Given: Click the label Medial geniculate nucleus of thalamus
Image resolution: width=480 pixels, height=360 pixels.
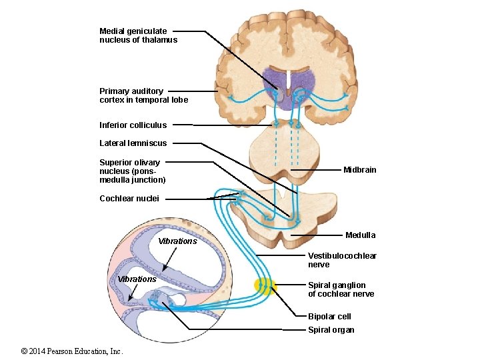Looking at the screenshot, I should pos(138,35).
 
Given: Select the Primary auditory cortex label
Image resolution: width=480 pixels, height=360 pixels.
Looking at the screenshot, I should pos(143,95).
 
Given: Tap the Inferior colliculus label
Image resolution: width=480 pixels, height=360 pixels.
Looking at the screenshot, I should pos(133,125).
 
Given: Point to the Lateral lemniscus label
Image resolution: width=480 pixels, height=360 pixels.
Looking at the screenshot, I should pos(133,143).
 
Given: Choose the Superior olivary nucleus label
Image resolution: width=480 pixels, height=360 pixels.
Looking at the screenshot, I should pos(132,171).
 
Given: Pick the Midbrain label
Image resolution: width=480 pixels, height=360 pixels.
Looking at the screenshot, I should pos(359,170).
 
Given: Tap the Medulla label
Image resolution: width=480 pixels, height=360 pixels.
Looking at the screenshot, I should pos(360,235).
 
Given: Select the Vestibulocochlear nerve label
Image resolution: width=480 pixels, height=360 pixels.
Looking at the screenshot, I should pos(342,260).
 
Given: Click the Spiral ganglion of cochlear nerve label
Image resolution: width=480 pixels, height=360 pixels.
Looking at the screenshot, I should pos(341,289).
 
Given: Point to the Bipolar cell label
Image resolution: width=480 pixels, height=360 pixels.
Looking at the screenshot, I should pos(329,316).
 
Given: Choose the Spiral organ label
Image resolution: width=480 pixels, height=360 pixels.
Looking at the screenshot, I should pos(331,330).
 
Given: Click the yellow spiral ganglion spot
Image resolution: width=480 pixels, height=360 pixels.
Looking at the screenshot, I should pos(265,287).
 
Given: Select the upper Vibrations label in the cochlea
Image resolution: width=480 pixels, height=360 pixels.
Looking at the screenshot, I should pos(177,241).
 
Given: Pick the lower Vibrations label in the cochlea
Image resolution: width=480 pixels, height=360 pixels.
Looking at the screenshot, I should pos(137,279).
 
